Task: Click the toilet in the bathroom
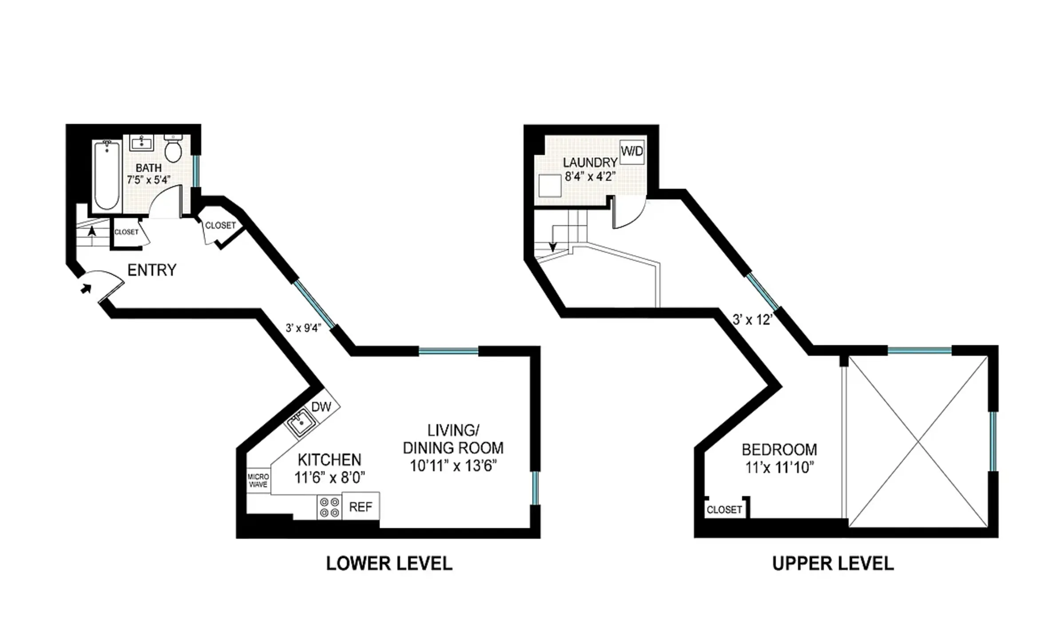(173, 150)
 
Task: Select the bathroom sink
(142, 143)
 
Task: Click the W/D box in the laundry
(631, 152)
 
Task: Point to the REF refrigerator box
(360, 507)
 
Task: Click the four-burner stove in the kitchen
(329, 507)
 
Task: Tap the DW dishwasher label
(321, 406)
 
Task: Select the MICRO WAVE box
(258, 481)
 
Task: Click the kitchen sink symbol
(301, 423)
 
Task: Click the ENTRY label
(152, 270)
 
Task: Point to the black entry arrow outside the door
(86, 289)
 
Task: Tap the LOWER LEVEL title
(389, 564)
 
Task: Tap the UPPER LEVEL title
(833, 564)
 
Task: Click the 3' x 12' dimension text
(752, 319)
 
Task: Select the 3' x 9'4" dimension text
(303, 328)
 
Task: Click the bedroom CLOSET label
(724, 510)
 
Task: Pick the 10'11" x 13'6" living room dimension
(453, 466)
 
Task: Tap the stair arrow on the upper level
(553, 246)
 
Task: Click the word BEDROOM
(779, 450)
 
